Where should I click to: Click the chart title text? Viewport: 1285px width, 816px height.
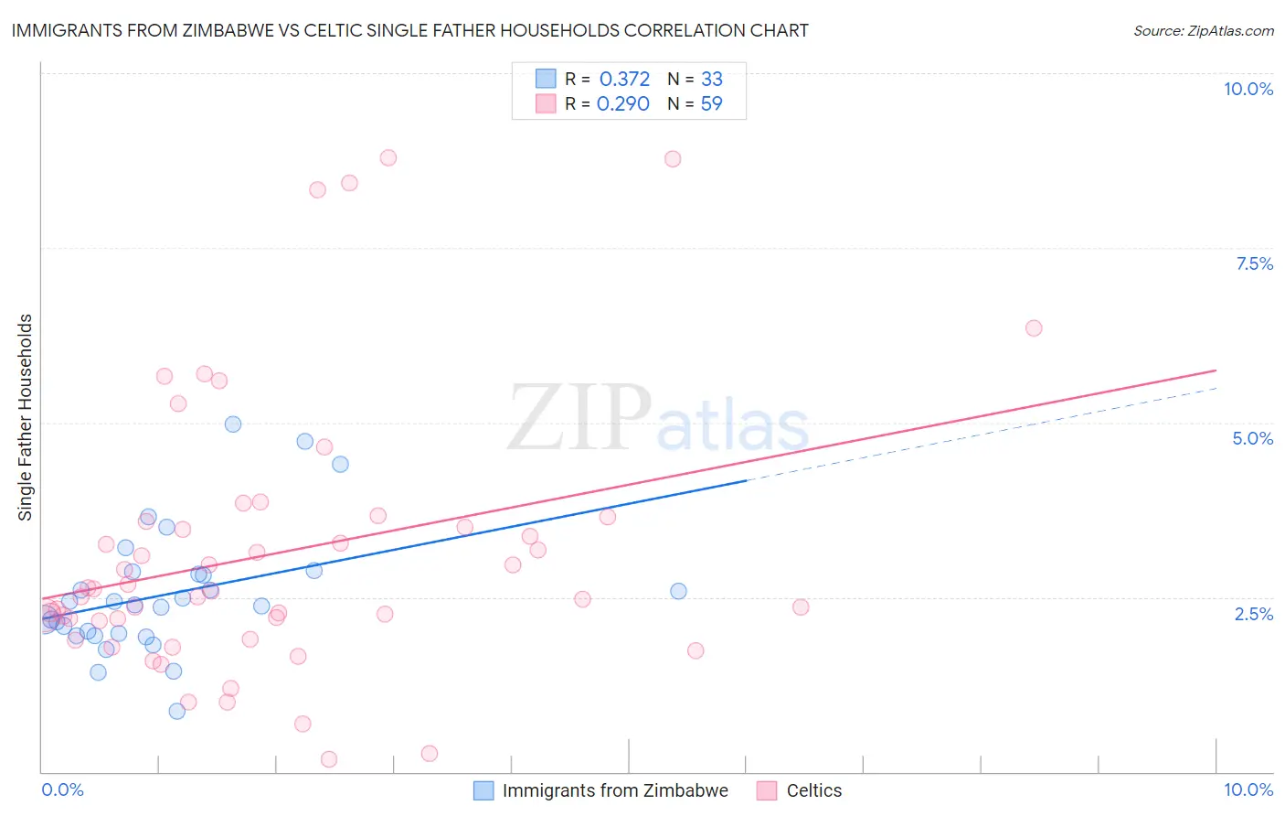tap(409, 30)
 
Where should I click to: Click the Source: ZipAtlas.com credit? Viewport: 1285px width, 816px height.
tap(1203, 30)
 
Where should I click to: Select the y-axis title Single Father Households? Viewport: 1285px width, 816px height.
tap(25, 417)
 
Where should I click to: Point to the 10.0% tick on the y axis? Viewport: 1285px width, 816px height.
tap(1248, 89)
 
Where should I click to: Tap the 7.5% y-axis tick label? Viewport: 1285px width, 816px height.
tap(1254, 263)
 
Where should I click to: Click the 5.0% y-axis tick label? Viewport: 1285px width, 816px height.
tap(1252, 438)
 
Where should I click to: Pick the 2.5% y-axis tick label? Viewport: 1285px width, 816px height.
tap(1253, 614)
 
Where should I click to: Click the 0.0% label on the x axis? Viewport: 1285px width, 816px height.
tap(62, 789)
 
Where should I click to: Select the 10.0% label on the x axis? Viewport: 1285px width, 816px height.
tap(1248, 789)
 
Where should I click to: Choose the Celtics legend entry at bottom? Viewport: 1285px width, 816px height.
tap(813, 790)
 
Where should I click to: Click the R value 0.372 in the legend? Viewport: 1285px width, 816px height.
tap(624, 79)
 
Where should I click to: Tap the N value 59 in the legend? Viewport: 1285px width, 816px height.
tap(711, 103)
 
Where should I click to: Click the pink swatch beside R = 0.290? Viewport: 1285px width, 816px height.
tap(546, 103)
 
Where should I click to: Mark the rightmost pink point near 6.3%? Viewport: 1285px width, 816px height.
tap(1034, 327)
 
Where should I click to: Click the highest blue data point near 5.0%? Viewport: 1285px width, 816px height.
tap(233, 424)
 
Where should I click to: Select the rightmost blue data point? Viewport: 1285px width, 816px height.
tap(678, 591)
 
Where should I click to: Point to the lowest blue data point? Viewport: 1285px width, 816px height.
tap(176, 711)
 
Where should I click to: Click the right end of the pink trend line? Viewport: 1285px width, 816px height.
tap(1216, 370)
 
